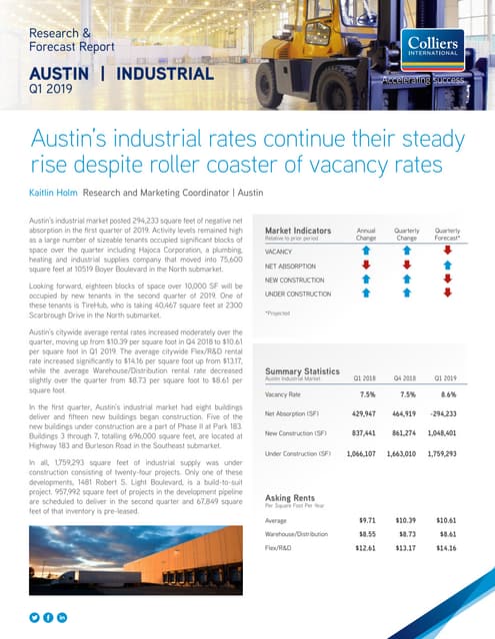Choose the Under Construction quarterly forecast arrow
[447, 295]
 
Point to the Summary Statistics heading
[299, 370]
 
